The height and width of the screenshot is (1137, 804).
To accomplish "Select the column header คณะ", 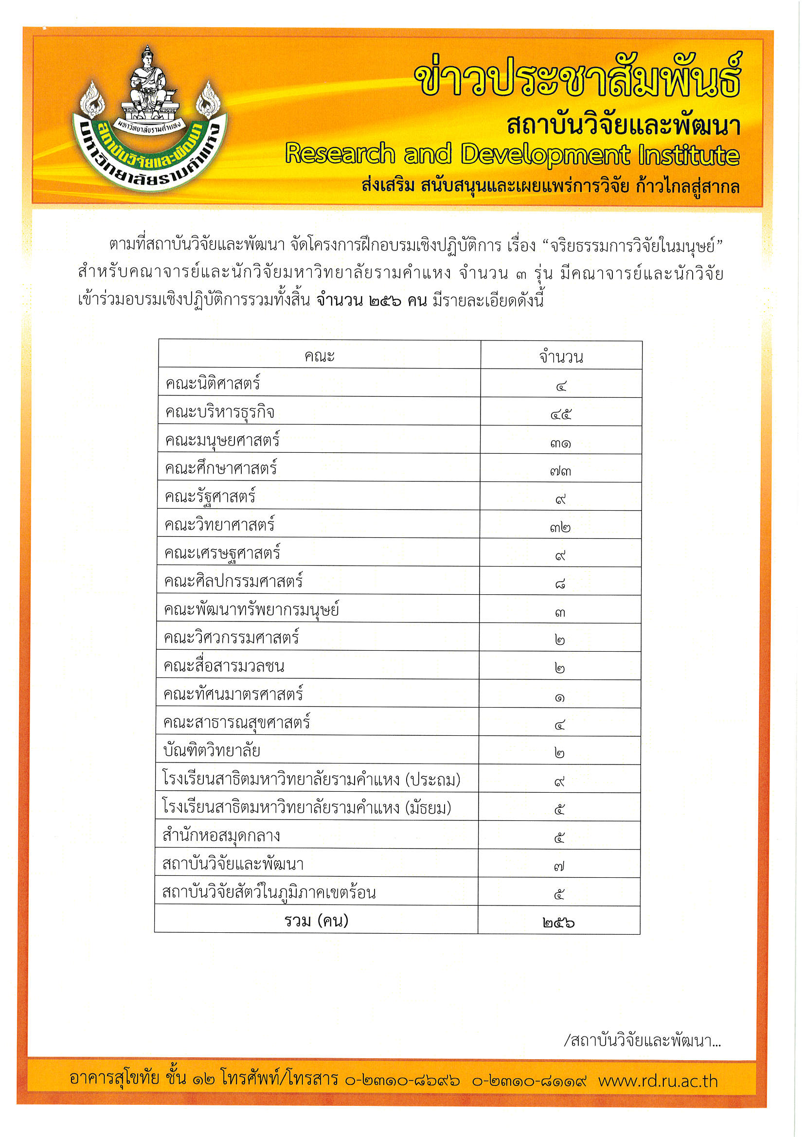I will (319, 355).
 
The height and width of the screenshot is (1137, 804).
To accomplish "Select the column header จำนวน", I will (561, 356).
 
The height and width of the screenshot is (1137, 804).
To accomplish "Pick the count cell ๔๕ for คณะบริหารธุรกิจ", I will (561, 414).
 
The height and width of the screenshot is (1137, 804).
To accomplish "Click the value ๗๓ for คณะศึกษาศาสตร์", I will (560, 470).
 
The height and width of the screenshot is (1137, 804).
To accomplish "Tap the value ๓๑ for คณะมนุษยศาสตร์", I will (560, 443).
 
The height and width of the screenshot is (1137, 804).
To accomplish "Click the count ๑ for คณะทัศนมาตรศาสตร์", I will (560, 697).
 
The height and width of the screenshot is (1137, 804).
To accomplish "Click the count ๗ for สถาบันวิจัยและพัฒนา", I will (559, 866).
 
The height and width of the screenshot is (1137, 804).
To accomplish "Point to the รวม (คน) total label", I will (316, 921).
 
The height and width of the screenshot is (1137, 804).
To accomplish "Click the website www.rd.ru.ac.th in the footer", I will (658, 1081).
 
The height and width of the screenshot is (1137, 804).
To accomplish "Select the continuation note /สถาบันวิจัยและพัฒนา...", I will (642, 1040).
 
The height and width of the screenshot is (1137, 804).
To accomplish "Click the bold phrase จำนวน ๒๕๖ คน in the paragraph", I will (372, 300).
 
